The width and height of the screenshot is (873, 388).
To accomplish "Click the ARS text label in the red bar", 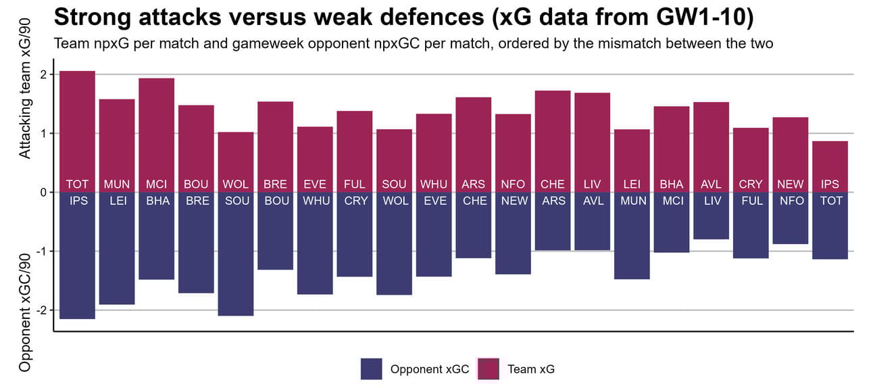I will (x=474, y=184).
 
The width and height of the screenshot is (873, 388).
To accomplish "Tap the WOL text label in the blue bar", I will (x=394, y=201).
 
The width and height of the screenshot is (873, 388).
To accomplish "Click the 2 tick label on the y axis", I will (x=43, y=74).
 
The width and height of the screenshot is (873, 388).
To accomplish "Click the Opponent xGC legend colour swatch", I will (x=372, y=369).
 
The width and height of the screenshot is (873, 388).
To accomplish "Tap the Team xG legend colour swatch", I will (x=488, y=369).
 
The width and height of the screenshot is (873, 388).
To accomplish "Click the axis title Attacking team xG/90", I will (x=25, y=108).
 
